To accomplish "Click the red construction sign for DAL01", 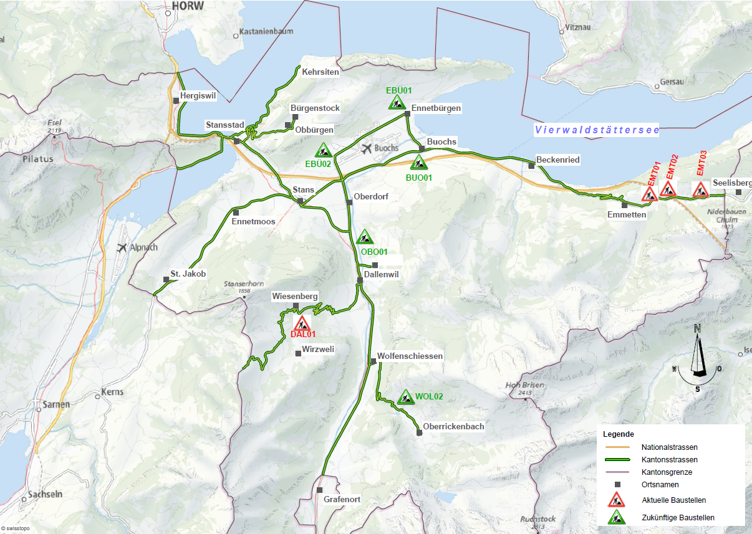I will tap(302, 323).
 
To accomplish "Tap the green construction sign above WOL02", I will tap(406, 397).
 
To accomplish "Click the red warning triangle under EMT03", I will tap(700, 190).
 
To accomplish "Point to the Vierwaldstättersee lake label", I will tap(596, 130).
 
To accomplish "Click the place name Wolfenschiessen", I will tap(410, 356).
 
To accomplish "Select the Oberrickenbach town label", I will tap(453, 427).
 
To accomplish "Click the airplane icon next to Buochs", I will tap(366, 148).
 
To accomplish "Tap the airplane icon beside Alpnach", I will tap(122, 247).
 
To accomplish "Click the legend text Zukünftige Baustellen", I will tap(678, 517).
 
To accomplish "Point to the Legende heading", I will tap(619, 434).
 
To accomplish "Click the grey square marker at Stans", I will tap(301, 201).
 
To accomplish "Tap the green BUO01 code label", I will tap(418, 178).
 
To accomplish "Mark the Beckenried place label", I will tap(557, 160).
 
